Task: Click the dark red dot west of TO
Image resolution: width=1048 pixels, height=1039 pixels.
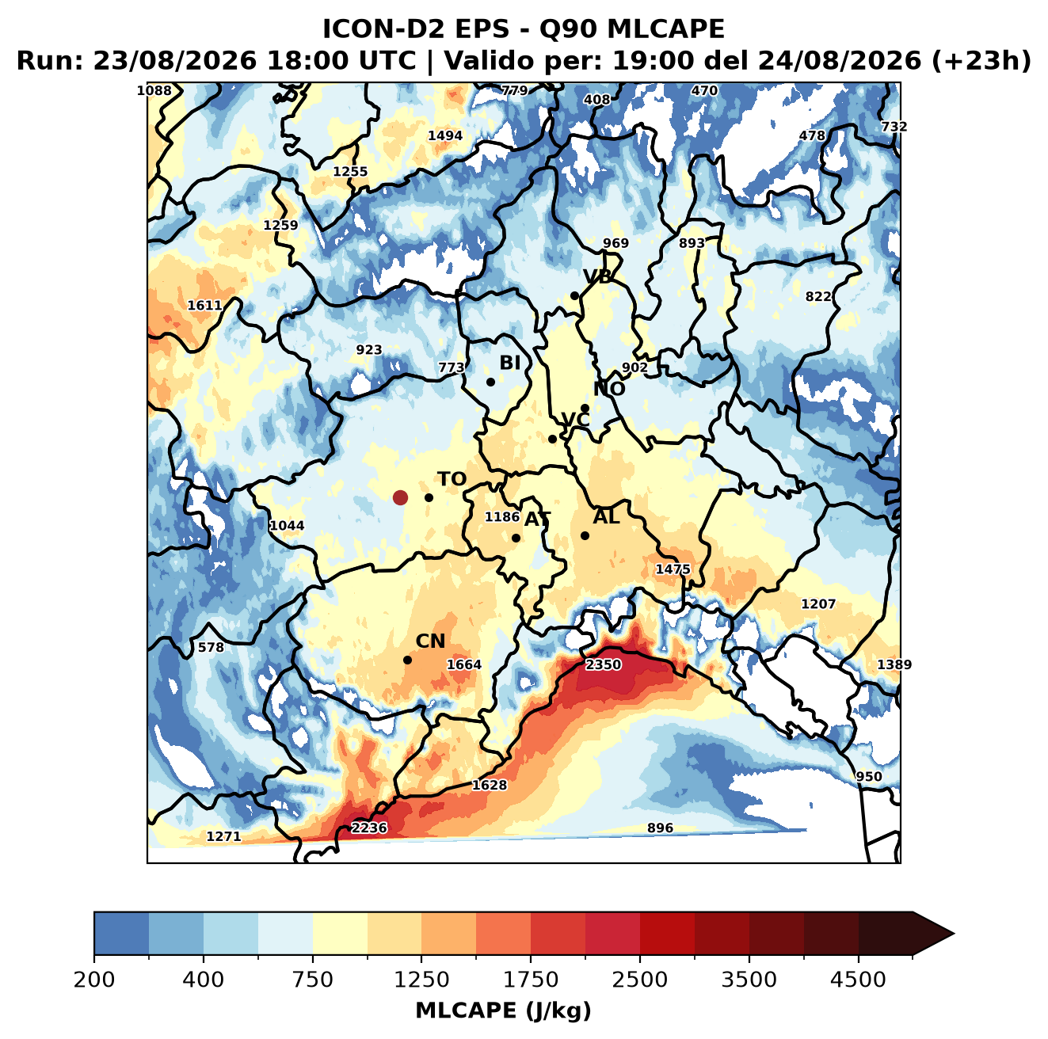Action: coord(400,497)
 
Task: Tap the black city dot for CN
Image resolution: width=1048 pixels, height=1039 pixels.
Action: coord(407,660)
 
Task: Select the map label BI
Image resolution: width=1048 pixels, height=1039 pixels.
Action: coord(509,363)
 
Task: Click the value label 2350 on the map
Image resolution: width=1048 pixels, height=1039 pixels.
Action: coord(603,664)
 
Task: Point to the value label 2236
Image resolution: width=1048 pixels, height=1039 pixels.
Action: coord(368,828)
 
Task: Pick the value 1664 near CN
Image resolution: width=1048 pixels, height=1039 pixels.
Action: coord(464,664)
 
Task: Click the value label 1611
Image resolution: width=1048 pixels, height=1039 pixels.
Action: coord(204,306)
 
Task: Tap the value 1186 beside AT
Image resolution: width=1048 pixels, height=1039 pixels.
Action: coord(502,516)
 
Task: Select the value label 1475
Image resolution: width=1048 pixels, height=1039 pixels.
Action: coord(673,569)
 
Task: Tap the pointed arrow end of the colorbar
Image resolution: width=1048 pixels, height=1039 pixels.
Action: coord(954,934)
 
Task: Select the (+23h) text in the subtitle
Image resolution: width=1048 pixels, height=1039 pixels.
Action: coord(981,61)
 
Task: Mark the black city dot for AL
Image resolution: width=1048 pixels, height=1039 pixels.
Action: coord(585,535)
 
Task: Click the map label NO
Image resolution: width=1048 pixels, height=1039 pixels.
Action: coord(608,389)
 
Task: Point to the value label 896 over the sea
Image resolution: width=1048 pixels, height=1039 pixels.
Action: coord(660,828)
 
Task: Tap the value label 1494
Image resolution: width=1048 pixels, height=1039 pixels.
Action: coord(445,135)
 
